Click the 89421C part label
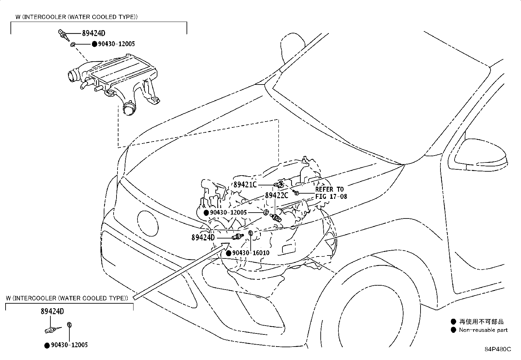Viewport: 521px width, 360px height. point(245,184)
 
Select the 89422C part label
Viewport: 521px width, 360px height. point(277,195)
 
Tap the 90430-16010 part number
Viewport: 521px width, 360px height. point(251,253)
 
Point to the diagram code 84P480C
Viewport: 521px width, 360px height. point(497,349)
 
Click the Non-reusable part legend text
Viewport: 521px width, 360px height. point(483,330)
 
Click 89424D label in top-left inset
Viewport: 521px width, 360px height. point(94,33)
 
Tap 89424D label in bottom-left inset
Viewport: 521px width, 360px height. point(52,311)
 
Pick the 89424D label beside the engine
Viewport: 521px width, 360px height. point(203,237)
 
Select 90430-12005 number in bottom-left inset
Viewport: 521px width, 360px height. point(69,345)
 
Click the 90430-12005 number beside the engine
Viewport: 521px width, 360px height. point(228,213)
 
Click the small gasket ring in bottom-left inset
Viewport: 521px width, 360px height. point(69,325)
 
